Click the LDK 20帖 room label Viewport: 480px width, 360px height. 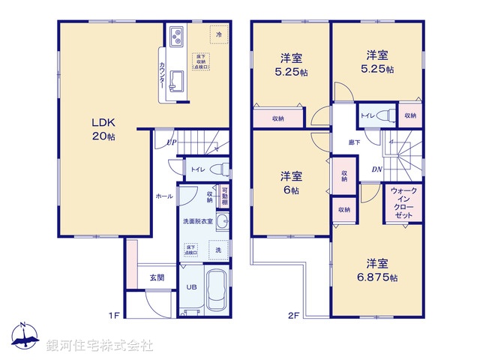[x=103, y=129]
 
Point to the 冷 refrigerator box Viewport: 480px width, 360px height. [x=219, y=34]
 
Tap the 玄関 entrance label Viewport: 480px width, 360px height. [x=157, y=277]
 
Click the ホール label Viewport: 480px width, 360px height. [x=163, y=196]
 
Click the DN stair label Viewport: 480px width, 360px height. [x=376, y=170]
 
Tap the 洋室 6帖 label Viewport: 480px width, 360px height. [x=291, y=183]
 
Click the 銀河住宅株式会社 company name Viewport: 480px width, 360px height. [x=100, y=346]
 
